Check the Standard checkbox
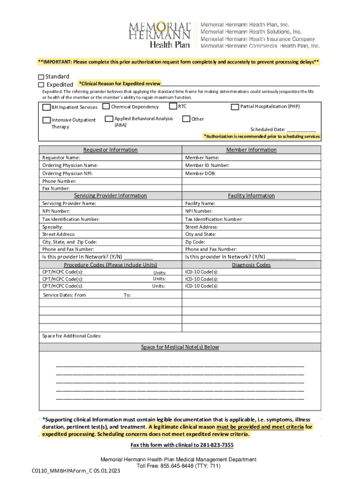[41, 77]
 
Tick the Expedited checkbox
[41, 85]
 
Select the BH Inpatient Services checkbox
[46, 108]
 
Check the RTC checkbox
[173, 107]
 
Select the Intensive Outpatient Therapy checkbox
[46, 120]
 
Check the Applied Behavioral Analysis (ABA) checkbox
[109, 119]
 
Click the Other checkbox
[186, 119]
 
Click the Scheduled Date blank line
[301, 130]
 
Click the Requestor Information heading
[110, 150]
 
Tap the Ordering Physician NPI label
[67, 173]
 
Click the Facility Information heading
[251, 196]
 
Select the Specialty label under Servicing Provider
[52, 227]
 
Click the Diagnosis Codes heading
[251, 265]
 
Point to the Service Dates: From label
[65, 295]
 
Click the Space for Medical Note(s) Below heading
[180, 347]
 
